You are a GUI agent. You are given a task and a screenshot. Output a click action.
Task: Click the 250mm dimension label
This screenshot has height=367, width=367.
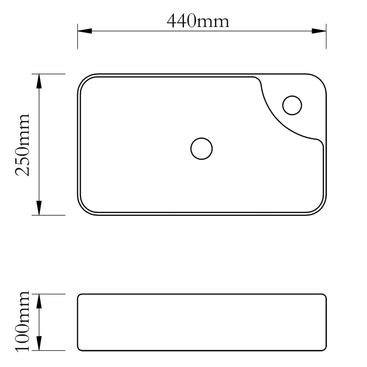tap(22, 145)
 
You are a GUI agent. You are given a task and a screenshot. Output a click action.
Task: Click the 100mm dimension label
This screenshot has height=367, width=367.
tap(22, 322)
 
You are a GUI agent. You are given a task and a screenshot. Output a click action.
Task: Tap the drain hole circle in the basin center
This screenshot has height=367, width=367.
tap(201, 148)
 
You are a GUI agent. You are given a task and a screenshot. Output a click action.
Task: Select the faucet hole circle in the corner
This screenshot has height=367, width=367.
tap(292, 105)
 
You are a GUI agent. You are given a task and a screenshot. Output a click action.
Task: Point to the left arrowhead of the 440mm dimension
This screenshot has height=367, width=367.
tap(85, 31)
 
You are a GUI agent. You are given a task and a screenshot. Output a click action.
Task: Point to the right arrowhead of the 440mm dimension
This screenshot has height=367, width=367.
tap(319, 31)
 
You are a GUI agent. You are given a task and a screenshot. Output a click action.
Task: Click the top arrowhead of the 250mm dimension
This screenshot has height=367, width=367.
tap(39, 82)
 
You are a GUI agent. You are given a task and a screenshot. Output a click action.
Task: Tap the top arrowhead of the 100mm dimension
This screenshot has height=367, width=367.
tap(39, 302)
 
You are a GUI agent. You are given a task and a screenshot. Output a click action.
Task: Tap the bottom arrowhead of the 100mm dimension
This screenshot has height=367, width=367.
tap(39, 343)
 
